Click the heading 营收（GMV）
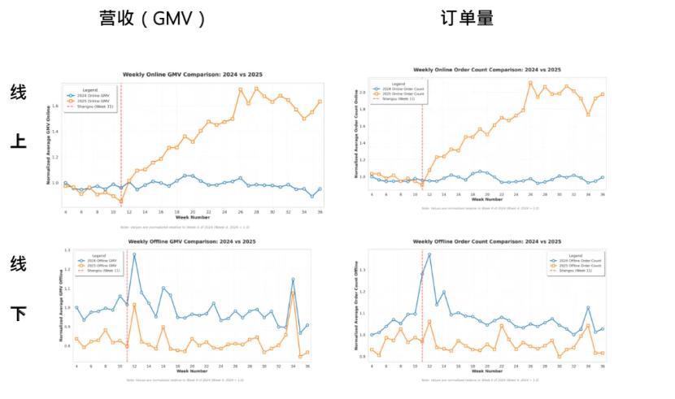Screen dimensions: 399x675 coord(152,19)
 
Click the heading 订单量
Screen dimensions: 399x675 coord(467,18)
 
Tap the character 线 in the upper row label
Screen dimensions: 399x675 coord(18,92)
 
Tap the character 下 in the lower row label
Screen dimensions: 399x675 coord(18,314)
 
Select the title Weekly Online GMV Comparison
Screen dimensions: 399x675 coord(193,74)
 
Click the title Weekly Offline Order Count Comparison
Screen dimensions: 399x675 coord(486,241)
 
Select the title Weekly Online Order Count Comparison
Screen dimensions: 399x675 coord(486,70)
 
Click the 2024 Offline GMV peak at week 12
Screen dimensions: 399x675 coord(134,254)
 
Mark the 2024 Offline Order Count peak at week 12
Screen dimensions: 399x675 coord(429,254)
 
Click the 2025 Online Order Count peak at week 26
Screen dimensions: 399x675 coord(529,82)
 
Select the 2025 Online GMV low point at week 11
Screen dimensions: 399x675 coord(120,201)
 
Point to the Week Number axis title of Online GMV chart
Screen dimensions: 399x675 coord(193,217)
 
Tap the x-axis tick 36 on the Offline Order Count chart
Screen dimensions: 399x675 coord(602,366)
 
